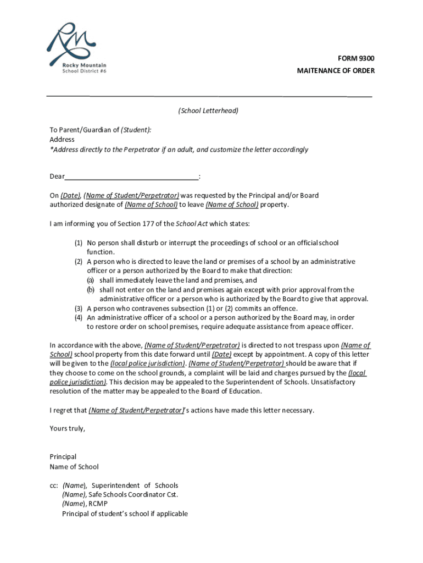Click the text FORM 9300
[356, 59]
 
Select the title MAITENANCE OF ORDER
[336, 71]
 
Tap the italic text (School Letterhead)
[208, 111]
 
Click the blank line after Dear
[132, 176]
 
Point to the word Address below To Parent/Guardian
[62, 140]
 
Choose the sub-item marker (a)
[91, 280]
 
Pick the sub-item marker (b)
[91, 290]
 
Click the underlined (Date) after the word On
[70, 196]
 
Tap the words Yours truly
[68, 429]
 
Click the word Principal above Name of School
[63, 457]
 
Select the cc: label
[54, 485]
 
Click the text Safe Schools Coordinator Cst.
[133, 494]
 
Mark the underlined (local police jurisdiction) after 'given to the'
[147, 364]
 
